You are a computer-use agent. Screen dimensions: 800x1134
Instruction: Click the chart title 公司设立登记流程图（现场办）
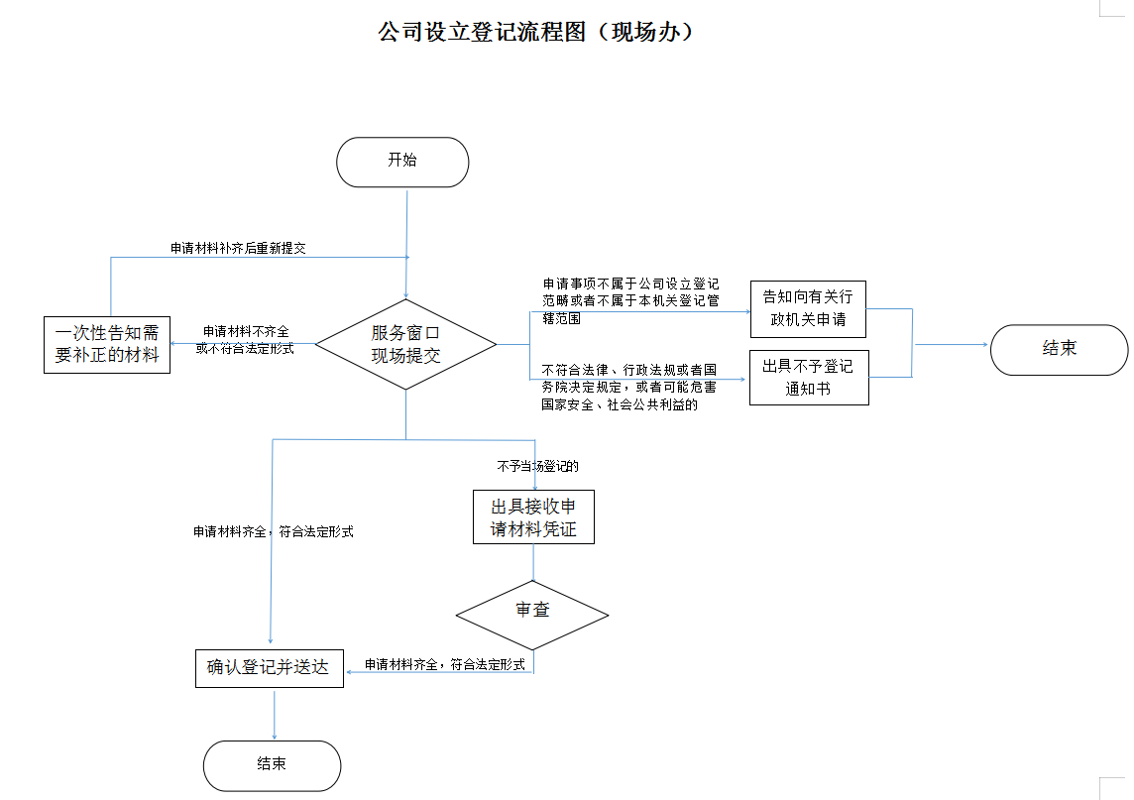[x=536, y=32]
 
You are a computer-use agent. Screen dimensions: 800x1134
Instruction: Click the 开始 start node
[x=402, y=162]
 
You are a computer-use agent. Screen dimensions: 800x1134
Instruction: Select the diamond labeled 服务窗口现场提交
[x=405, y=344]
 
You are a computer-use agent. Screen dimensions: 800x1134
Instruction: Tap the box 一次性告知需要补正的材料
[x=107, y=344]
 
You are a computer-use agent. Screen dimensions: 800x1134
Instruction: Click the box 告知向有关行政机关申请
[x=809, y=308]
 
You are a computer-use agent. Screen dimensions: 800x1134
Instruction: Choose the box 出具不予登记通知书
[x=809, y=377]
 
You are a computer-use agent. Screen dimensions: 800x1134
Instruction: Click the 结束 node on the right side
[x=1059, y=349]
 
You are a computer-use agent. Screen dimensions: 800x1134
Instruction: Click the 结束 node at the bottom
[x=272, y=764]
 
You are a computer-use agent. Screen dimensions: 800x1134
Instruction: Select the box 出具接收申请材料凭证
[x=533, y=516]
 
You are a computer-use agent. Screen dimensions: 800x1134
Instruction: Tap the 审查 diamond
[x=532, y=610]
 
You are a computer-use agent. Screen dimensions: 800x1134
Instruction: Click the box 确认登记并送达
[x=268, y=667]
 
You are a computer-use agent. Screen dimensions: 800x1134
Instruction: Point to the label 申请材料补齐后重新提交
[x=238, y=248]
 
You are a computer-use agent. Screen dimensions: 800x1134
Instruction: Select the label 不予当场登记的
[x=537, y=465]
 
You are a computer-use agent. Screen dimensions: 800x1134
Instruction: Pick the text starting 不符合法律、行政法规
[x=628, y=387]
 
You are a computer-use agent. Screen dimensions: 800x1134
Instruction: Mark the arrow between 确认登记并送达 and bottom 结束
[x=273, y=714]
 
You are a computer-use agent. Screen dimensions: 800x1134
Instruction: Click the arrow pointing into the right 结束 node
[x=952, y=345]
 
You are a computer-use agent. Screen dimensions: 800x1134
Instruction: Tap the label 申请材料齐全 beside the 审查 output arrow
[x=444, y=664]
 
